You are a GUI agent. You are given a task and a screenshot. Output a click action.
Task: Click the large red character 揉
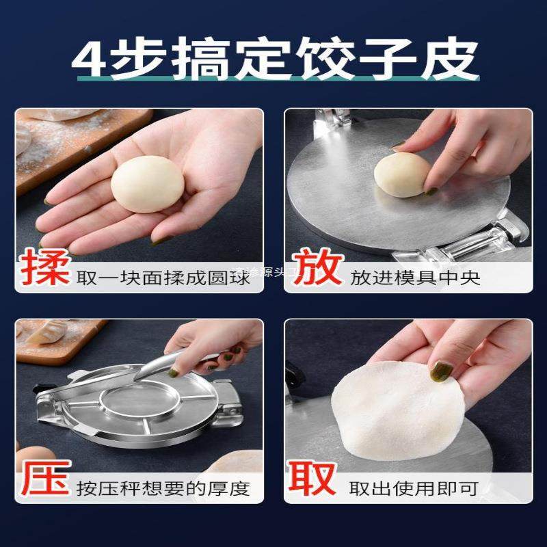(44, 269)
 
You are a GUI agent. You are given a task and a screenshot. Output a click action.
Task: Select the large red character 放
(315, 269)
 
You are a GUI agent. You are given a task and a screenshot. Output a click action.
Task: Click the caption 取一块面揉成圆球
(165, 277)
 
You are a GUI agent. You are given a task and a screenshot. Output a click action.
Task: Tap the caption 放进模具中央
(415, 277)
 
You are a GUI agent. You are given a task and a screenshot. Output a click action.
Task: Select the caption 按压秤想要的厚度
(163, 488)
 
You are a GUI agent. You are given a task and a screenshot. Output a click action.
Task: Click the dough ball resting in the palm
(146, 183)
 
